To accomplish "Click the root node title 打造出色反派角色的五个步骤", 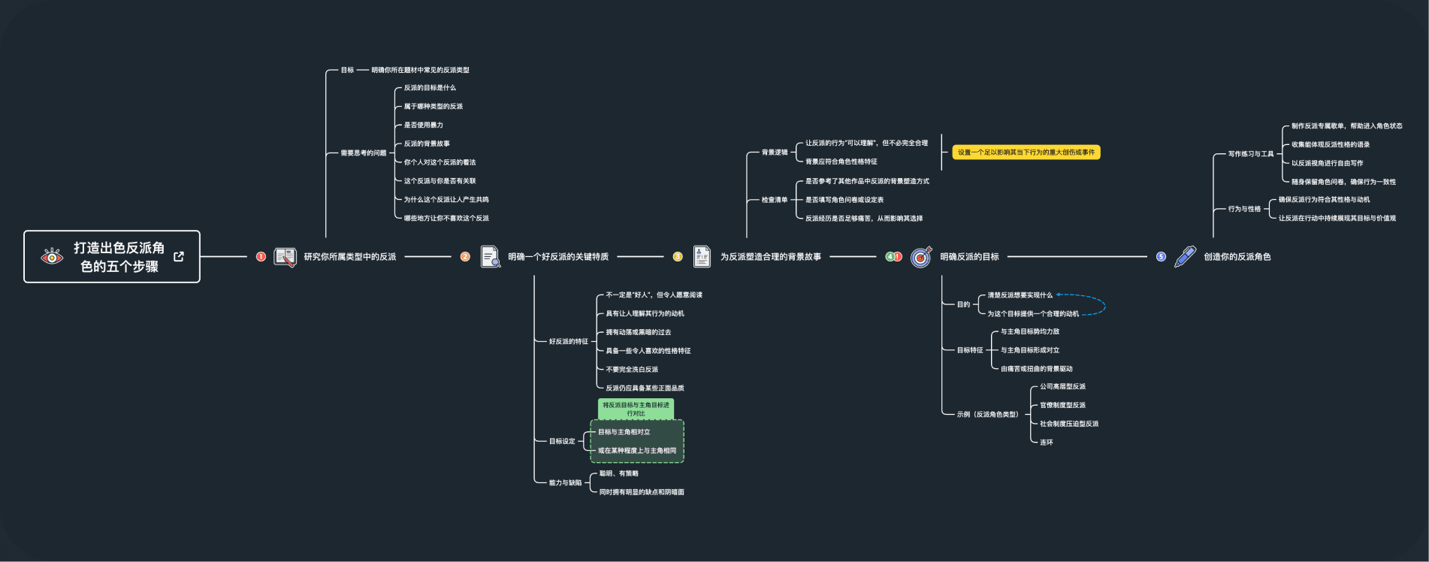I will click(x=119, y=257).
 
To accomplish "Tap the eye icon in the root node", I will click(x=52, y=257).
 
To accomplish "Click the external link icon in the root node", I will click(x=179, y=257).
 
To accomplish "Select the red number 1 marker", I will click(x=261, y=257).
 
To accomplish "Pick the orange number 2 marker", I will click(x=465, y=257).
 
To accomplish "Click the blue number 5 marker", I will click(x=1161, y=257).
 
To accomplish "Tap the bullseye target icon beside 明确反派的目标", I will click(x=921, y=257).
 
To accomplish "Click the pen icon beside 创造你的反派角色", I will click(x=1185, y=257).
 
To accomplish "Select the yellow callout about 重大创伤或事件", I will click(x=1026, y=153).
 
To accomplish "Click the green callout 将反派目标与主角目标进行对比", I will click(x=636, y=409).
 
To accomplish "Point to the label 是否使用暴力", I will click(x=424, y=125).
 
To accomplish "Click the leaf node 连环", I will click(x=1047, y=443).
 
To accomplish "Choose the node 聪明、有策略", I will click(x=619, y=474).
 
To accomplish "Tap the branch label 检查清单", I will click(x=775, y=200).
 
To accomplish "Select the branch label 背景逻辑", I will click(x=775, y=153).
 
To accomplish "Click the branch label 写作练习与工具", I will click(x=1251, y=154).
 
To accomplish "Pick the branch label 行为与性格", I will click(x=1244, y=209).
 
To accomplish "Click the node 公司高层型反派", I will click(x=1062, y=387).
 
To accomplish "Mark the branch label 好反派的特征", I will click(x=569, y=342).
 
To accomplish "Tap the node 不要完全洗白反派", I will click(x=632, y=370).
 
